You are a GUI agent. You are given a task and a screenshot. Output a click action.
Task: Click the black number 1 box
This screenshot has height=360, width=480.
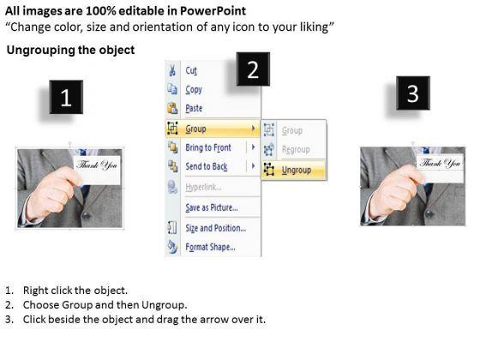pos(66,97)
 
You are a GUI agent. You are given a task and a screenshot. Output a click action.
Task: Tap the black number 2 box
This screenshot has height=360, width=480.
pos(253,69)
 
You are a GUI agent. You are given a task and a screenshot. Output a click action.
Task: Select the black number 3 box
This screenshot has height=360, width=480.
pos(413,93)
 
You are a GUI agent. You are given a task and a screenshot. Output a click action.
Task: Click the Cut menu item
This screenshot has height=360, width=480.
pos(191,70)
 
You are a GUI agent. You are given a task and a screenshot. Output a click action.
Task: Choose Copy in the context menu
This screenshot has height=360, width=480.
pos(194,90)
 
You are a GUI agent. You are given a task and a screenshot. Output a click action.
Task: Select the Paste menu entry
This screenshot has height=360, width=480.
pos(194,108)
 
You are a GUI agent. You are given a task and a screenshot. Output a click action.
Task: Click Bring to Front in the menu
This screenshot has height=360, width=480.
pos(208,147)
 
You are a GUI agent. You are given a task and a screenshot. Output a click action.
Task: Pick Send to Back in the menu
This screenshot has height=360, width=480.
pos(207,166)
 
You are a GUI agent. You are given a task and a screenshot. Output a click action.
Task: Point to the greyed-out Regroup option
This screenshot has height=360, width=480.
pos(296,149)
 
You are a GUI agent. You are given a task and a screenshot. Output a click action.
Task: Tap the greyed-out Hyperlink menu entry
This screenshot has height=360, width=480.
pos(203,187)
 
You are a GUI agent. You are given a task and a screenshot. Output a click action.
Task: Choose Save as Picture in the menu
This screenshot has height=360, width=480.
pos(212,207)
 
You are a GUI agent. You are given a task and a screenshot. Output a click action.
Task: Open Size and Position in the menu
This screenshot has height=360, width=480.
pos(215,228)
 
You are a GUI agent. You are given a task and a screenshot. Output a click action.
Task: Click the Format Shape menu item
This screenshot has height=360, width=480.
pos(210,247)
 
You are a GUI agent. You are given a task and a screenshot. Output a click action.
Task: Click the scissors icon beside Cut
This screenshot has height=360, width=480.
pos(172,70)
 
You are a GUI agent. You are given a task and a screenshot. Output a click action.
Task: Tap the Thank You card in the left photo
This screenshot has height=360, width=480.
pos(98,170)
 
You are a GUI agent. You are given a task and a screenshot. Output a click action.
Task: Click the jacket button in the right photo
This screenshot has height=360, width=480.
pos(429,213)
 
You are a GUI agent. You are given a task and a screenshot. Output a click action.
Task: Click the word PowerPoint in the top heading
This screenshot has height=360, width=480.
pos(213,11)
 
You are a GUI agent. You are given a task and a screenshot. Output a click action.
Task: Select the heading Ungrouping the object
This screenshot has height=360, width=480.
pos(70,50)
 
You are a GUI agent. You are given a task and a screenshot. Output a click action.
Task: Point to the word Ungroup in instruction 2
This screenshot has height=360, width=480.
pos(164,305)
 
